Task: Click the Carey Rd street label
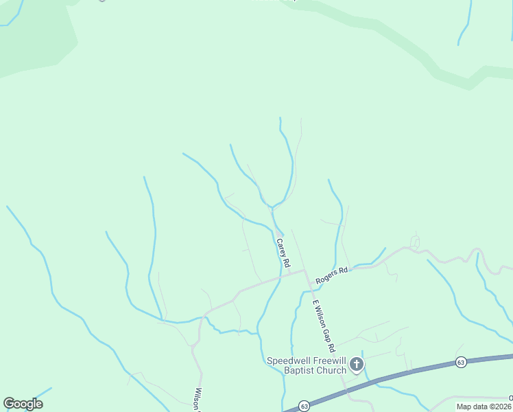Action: [283, 253]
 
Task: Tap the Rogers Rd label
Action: [332, 275]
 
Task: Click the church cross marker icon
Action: [357, 364]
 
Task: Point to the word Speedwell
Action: [288, 361]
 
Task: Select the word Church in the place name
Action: [331, 371]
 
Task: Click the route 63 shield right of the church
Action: [460, 362]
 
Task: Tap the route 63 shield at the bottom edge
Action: [303, 407]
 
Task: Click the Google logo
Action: [23, 404]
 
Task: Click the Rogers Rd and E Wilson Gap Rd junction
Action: [306, 271]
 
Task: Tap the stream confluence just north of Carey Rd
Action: [272, 207]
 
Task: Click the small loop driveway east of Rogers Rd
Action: [414, 241]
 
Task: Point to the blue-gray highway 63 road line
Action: [411, 370]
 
